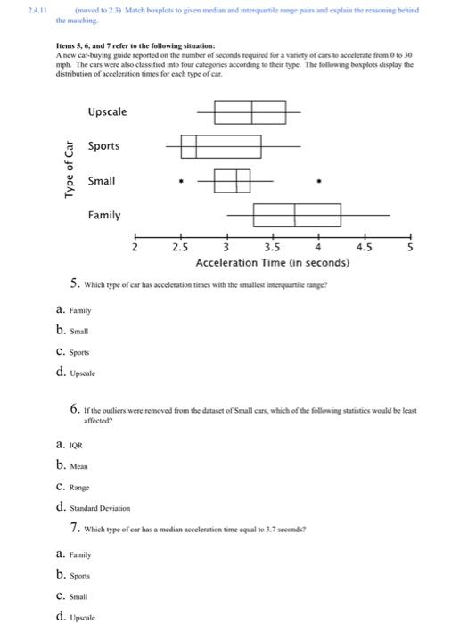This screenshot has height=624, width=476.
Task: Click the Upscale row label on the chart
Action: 107,112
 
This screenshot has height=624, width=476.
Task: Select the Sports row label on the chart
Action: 103,146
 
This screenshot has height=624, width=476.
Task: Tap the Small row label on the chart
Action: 101,181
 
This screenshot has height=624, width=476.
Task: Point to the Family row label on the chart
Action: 103,216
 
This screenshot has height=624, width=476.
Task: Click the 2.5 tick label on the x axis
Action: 180,247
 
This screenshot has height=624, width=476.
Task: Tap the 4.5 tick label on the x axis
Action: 364,247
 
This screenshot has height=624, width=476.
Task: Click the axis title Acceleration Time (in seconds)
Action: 272,263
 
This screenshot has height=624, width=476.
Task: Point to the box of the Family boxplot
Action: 297,216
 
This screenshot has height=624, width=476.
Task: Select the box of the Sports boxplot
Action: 221,146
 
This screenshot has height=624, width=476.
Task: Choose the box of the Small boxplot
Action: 232,181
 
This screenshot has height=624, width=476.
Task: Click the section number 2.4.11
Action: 13,10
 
